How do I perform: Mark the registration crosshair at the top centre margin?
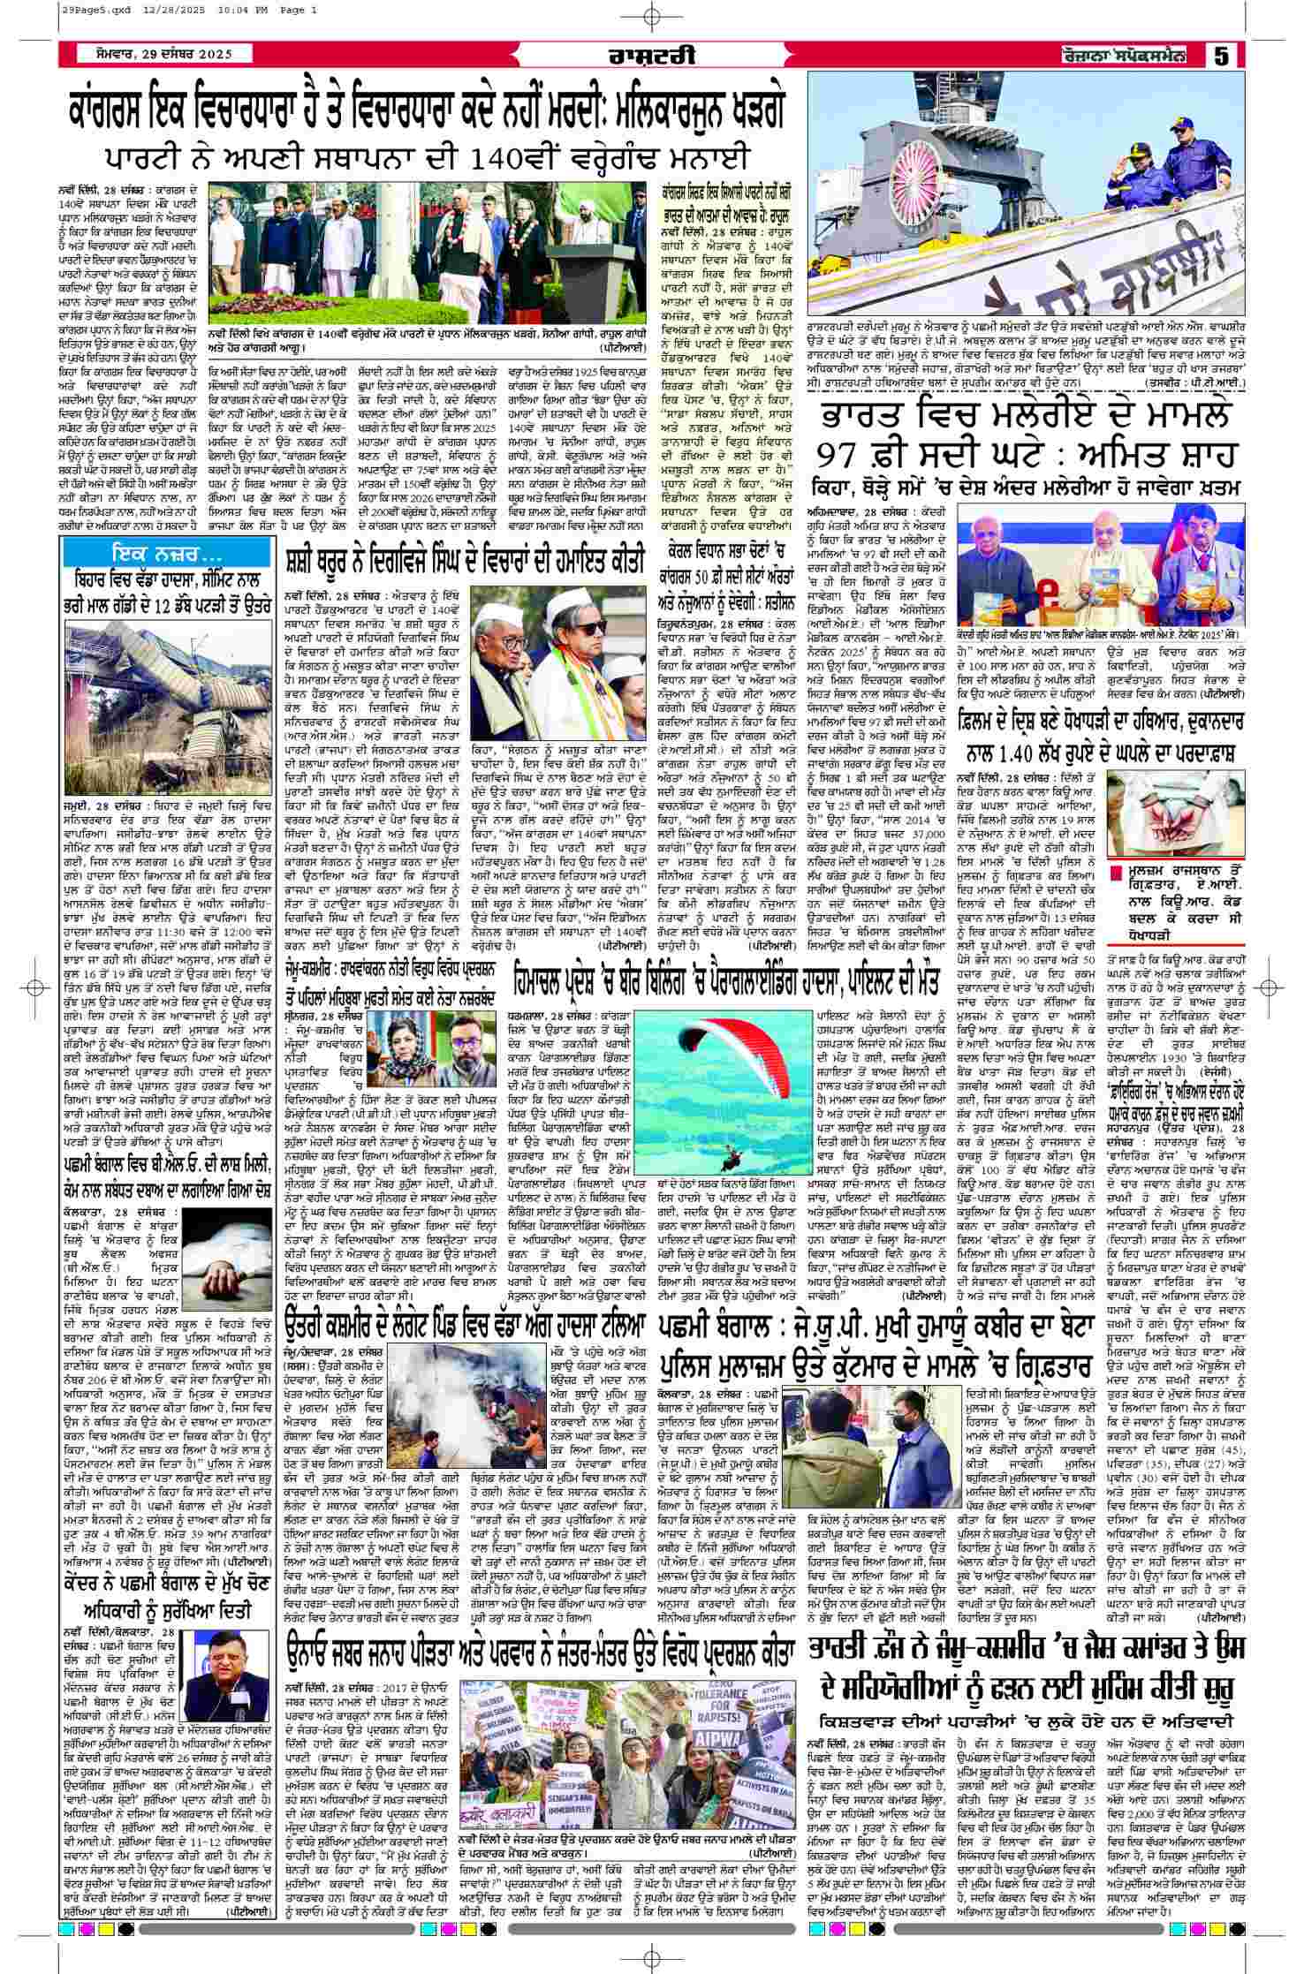[x=652, y=17]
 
